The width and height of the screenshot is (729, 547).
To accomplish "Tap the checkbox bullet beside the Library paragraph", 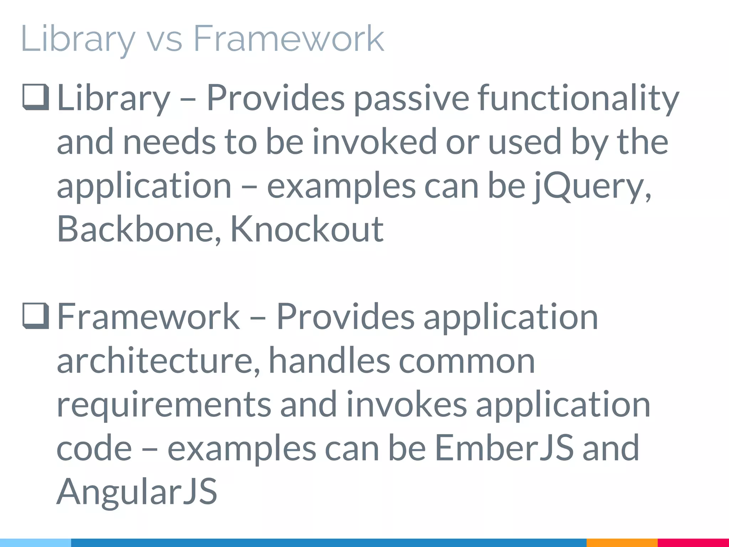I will (x=36, y=97).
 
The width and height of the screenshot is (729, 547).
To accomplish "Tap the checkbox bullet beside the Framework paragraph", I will (x=36, y=316).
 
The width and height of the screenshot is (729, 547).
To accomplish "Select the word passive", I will (x=411, y=98).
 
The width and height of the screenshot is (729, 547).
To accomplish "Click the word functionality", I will (x=578, y=98).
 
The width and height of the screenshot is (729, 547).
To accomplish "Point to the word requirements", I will (x=164, y=405).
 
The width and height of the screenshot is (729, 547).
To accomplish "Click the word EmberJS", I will (x=504, y=448).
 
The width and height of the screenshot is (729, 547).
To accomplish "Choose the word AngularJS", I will (x=137, y=492).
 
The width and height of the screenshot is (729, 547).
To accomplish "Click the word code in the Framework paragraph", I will (x=94, y=448).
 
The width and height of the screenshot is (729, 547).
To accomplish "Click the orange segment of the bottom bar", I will (x=622, y=543).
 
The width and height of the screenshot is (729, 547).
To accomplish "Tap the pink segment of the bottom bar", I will (x=693, y=543).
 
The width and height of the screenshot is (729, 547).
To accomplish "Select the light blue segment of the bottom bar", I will (x=35, y=543).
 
